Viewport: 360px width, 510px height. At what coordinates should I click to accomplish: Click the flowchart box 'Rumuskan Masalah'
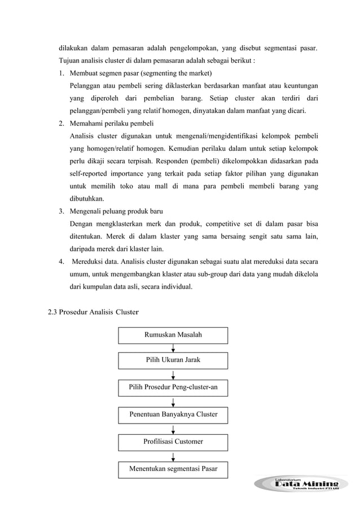pos(173,335)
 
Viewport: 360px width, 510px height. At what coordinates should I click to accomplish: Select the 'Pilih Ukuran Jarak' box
pos(173,360)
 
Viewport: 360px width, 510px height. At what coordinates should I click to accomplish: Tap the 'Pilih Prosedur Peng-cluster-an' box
pos(173,387)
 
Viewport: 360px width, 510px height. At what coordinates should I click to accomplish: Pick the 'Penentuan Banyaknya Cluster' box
pos(173,415)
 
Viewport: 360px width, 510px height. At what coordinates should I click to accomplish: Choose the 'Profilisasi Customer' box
pos(173,441)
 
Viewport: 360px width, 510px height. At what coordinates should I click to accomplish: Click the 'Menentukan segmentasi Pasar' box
pos(173,468)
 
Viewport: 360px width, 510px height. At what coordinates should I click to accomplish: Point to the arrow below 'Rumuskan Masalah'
pos(173,347)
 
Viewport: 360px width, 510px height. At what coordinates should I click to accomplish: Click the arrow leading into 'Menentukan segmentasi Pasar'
pos(173,455)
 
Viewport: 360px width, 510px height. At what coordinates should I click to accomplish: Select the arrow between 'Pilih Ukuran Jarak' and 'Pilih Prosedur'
pos(173,374)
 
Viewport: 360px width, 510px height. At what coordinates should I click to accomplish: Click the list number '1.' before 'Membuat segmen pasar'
pos(60,73)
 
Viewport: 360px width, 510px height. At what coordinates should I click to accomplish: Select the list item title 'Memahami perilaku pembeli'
pos(111,123)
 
